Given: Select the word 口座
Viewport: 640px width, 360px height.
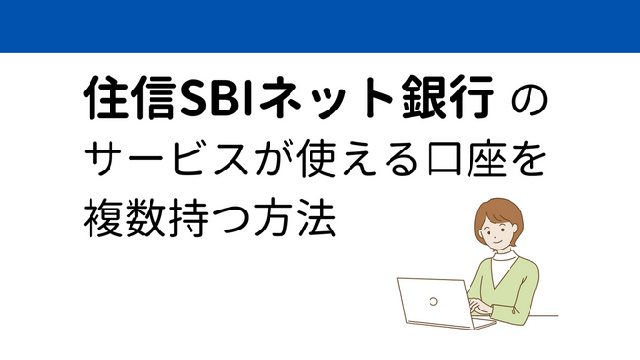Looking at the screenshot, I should pyautogui.click(x=464, y=163).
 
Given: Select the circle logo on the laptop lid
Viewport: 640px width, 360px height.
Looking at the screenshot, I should pyautogui.click(x=434, y=303).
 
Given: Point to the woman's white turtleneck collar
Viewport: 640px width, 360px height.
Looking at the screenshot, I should pyautogui.click(x=505, y=255).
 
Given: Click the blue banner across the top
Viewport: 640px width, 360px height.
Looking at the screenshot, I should pyautogui.click(x=320, y=26).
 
